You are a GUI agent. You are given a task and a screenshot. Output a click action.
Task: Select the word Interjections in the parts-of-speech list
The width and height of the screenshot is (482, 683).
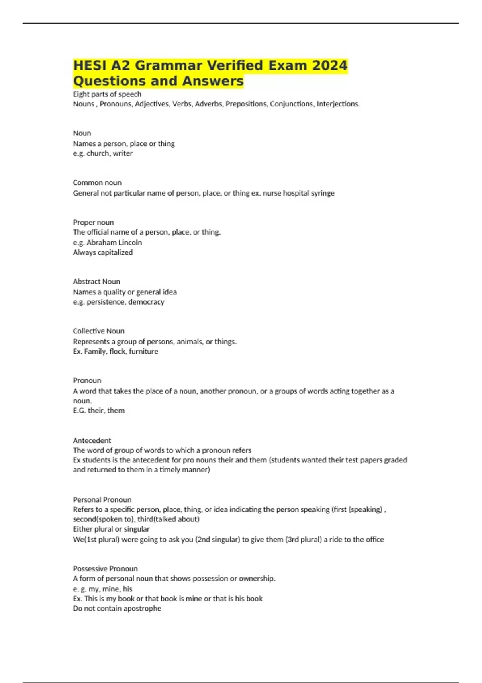pyautogui.click(x=338, y=104)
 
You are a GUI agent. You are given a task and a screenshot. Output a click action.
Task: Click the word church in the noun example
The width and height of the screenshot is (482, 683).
pyautogui.click(x=97, y=153)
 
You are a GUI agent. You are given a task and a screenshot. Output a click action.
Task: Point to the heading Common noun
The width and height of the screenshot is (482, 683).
pyautogui.click(x=97, y=182)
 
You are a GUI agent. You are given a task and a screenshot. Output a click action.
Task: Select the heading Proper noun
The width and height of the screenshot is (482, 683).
pyautogui.click(x=93, y=222)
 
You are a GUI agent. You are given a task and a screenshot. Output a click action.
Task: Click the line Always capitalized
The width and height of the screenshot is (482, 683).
pyautogui.click(x=102, y=252)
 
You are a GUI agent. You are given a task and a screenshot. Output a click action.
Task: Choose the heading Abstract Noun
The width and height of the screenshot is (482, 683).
pyautogui.click(x=96, y=282)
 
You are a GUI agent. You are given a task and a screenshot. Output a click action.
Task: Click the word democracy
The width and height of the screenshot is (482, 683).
pyautogui.click(x=146, y=302)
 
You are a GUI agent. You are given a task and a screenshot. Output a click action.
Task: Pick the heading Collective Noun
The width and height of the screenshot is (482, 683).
pyautogui.click(x=98, y=331)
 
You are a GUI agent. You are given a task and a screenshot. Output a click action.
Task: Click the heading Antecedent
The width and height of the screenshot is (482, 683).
pyautogui.click(x=92, y=440)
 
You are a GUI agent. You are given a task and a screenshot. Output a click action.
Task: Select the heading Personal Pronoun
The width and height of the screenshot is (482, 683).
pyautogui.click(x=102, y=500)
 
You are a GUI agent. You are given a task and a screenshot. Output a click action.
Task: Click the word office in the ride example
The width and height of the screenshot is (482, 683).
pyautogui.click(x=373, y=540)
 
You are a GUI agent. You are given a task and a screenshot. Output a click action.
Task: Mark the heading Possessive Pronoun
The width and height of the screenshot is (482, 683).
pyautogui.click(x=105, y=568)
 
